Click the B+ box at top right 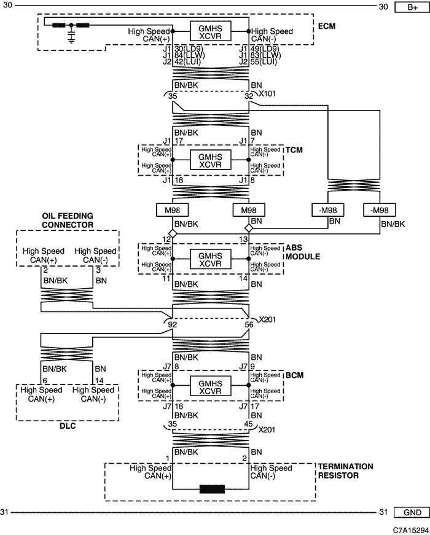[411, 7]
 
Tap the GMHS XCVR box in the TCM [211, 160]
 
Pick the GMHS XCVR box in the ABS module [211, 259]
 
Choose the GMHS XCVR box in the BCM [211, 386]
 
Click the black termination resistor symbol [211, 490]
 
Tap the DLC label [68, 425]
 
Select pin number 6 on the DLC [45, 381]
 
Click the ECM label [327, 26]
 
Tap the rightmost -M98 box [381, 211]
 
